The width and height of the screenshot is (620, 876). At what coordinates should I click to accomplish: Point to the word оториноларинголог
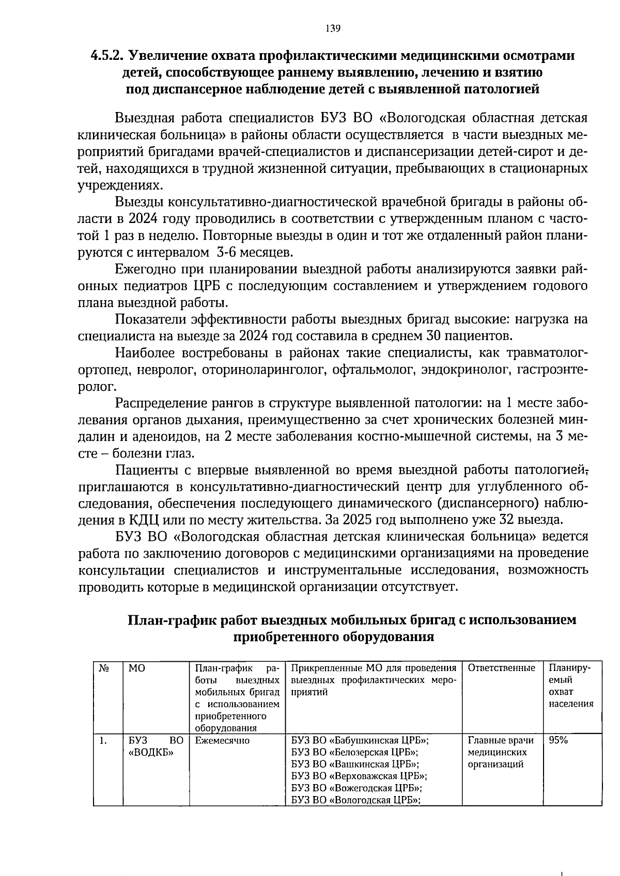[x=266, y=370]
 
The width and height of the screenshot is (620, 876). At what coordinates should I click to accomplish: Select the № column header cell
[x=103, y=668]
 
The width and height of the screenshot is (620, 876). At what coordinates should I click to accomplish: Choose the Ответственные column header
[x=501, y=668]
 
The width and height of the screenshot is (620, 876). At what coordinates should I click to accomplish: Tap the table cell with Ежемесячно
[x=222, y=741]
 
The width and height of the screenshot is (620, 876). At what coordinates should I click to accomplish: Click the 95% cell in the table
[x=558, y=740]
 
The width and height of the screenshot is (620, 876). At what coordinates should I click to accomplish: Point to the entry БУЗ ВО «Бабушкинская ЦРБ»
[x=360, y=740]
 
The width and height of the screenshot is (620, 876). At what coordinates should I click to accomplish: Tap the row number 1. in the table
[x=103, y=741]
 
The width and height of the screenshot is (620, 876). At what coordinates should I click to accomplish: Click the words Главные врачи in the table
[x=500, y=740]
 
